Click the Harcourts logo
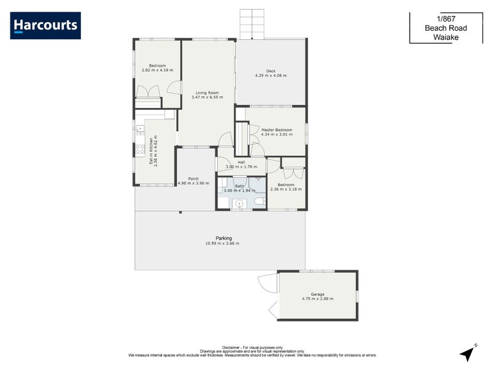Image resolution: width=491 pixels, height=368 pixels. [x=45, y=25]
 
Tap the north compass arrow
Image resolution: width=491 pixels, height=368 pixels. [x=468, y=353]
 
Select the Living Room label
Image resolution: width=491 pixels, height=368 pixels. [x=205, y=93]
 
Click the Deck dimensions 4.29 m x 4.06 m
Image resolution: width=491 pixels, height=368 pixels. [x=271, y=75]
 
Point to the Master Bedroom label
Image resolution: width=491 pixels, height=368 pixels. [x=276, y=130]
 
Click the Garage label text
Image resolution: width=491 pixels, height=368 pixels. [x=317, y=294]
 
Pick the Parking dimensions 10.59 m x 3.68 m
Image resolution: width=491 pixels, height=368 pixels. [x=223, y=243]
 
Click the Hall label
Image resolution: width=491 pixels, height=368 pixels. [x=241, y=162]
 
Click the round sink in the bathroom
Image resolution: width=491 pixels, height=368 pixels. [x=240, y=204]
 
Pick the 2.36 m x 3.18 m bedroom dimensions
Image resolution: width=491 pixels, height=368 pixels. [x=286, y=190]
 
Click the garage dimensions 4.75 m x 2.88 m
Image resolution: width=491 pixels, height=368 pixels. [x=317, y=299]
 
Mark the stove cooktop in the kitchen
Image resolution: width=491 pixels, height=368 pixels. [x=141, y=148]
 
